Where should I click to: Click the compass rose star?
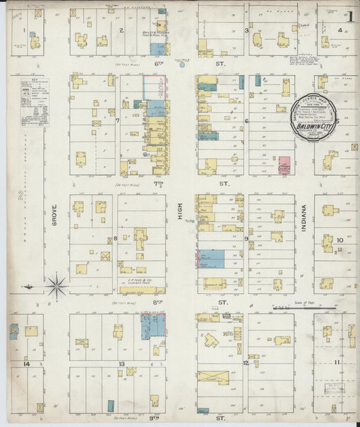pyautogui.click(x=57, y=286)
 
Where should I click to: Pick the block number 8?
pyautogui.click(x=115, y=238)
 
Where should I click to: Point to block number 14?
pyautogui.click(x=26, y=364)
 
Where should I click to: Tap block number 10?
pyautogui.click(x=340, y=240)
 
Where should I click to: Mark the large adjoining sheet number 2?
pyautogui.click(x=20, y=197)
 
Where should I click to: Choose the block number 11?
pyautogui.click(x=337, y=363)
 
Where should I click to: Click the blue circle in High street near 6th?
pyautogui.click(x=181, y=65)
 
